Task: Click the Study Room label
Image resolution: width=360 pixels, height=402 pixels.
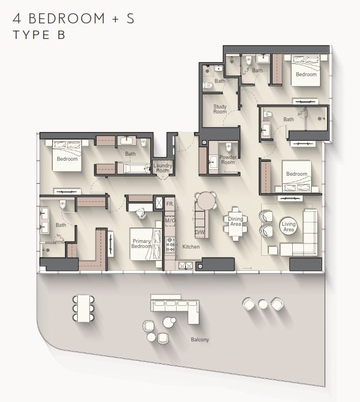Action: [x=220, y=109]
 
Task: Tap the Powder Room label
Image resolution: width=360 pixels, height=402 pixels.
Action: [x=228, y=160]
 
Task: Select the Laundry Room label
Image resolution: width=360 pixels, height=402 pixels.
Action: [x=163, y=168]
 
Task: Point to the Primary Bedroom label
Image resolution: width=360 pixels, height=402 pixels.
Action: [x=141, y=244]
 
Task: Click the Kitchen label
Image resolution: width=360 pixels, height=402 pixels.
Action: [x=191, y=247]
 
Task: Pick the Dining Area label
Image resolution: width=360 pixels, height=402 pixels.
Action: [x=236, y=221]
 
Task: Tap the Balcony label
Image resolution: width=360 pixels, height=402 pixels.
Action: [x=200, y=339]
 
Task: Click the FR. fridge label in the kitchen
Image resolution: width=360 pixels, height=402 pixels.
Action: [x=169, y=204]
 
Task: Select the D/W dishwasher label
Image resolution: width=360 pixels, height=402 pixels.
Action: [x=199, y=232]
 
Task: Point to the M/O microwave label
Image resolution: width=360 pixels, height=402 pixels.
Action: [x=170, y=221]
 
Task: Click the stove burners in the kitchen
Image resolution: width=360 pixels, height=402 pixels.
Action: [x=170, y=244]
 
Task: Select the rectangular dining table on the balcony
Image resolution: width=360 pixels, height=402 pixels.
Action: [x=83, y=308]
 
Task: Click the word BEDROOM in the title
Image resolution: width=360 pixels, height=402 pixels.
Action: [x=67, y=18]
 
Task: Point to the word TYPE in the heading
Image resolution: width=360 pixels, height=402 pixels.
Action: [x=32, y=35]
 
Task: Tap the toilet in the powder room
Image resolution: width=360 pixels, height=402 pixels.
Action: [x=228, y=147]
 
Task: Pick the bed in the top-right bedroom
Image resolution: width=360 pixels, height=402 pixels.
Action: [x=306, y=70]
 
